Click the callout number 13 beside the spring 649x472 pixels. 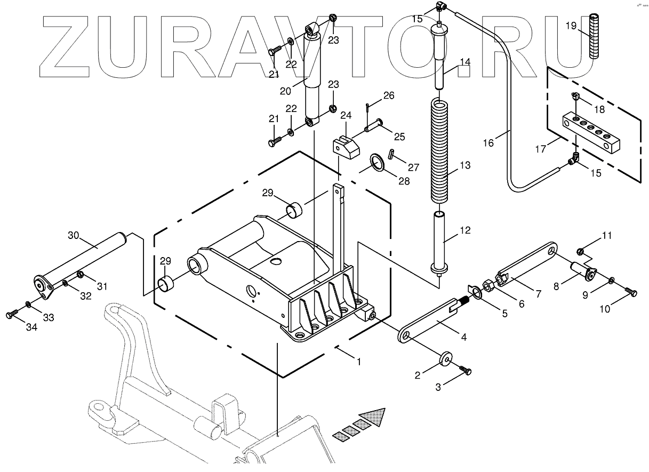coord(465,165)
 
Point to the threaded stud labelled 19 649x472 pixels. coord(594,37)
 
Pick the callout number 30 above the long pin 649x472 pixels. coord(73,235)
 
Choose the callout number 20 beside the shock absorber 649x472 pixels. coord(285,91)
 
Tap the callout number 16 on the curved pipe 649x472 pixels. coord(488,142)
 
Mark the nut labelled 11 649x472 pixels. coord(581,250)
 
